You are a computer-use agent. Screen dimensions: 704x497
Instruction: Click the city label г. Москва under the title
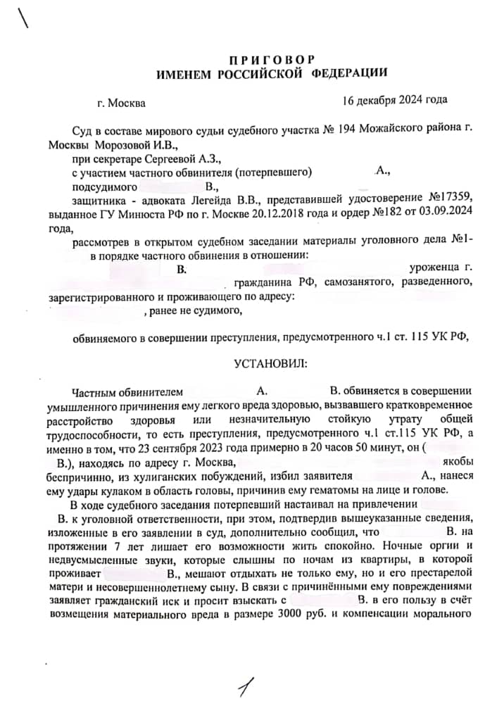pos(122,103)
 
